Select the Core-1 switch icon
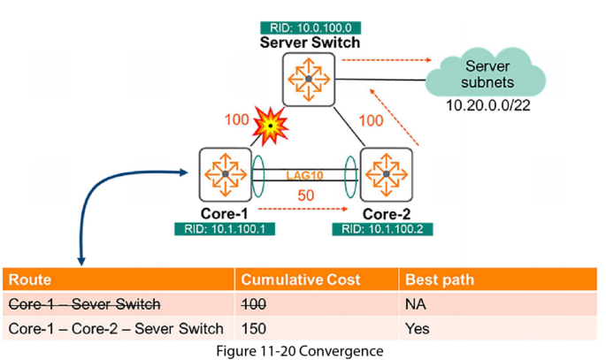click(x=226, y=174)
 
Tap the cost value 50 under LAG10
click(x=305, y=195)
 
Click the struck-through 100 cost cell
click(x=255, y=305)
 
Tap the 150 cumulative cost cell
click(x=255, y=329)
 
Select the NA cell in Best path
click(x=415, y=305)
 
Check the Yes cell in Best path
click(x=417, y=329)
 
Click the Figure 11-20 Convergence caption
click(x=302, y=350)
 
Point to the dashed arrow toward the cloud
click(x=381, y=61)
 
